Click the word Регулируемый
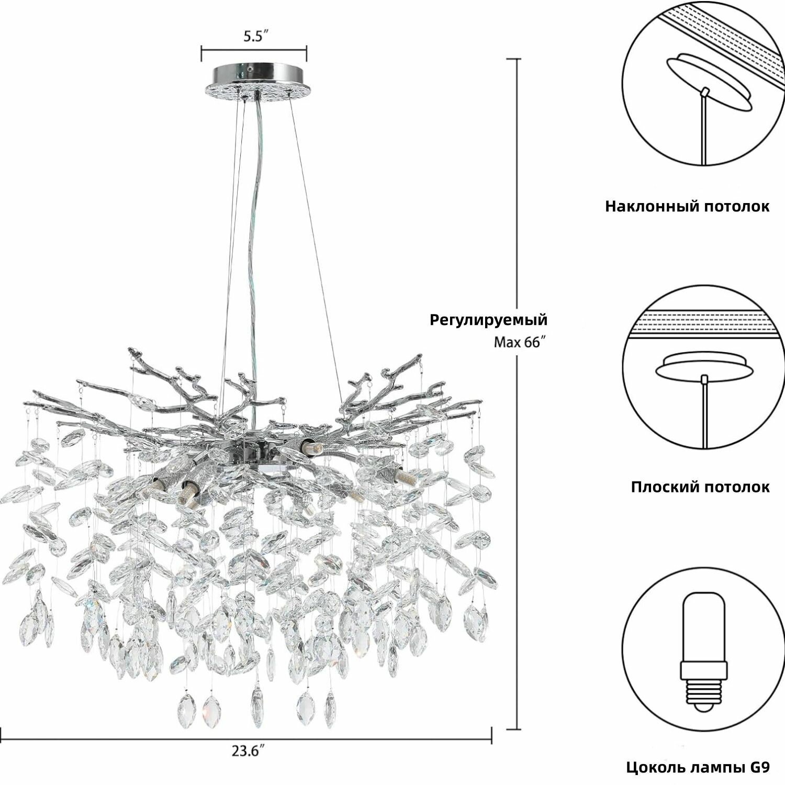(489, 320)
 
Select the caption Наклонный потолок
(687, 206)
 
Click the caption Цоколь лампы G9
(698, 768)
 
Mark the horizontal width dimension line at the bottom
(245, 739)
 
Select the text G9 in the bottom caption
(759, 768)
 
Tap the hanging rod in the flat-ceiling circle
(704, 413)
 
